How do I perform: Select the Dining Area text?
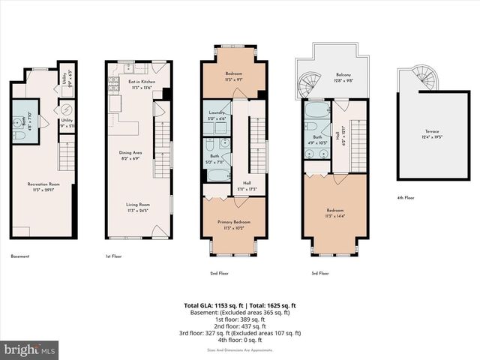click(x=136, y=155)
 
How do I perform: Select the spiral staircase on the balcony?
click(x=311, y=85)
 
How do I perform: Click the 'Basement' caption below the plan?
click(x=20, y=256)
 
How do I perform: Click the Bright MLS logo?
click(x=30, y=349)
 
